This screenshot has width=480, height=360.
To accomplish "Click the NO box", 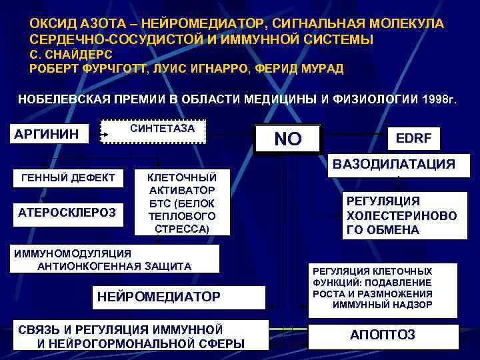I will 288,139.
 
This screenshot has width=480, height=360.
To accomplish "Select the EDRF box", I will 413,138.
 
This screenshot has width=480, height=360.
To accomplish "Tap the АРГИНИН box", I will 47,135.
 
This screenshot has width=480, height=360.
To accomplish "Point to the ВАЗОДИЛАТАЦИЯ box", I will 395,164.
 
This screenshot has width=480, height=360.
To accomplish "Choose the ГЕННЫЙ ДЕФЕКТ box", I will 69,178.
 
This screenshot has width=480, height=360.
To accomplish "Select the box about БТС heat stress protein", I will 181,202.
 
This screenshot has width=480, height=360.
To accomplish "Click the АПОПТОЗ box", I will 382,334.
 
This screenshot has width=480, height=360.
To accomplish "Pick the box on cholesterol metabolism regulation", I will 401,215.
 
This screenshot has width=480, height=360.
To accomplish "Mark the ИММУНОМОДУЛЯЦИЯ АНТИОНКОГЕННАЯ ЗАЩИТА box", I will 114,259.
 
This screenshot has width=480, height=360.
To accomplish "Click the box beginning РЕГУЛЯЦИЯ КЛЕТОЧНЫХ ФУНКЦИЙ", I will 382,289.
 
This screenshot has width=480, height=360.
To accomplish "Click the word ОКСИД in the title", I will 51,24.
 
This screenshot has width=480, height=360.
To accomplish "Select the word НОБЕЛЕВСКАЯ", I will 61,100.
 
